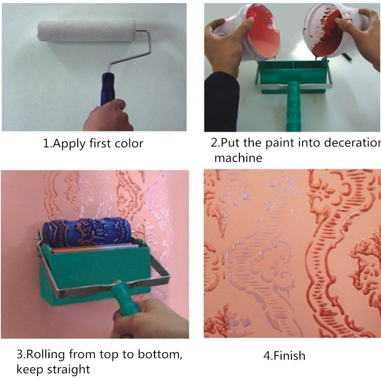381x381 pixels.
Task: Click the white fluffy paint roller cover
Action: coord(86,31)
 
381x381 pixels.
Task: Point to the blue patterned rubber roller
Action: coord(87,232)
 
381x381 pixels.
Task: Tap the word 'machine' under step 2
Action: coord(238,157)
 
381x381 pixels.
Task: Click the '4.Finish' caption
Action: coord(284,356)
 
